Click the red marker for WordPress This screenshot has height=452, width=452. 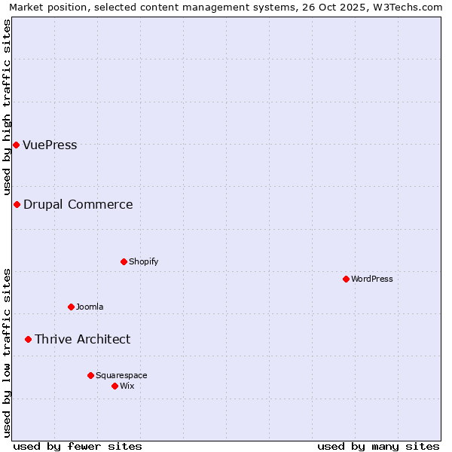(346, 279)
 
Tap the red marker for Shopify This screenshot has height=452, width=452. (124, 261)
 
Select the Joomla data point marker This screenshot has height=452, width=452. (71, 307)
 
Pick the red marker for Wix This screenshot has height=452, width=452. (115, 386)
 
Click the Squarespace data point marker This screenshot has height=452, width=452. (90, 375)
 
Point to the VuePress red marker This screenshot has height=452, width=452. (16, 145)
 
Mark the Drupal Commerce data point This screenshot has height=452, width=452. (17, 204)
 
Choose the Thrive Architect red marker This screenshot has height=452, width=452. (28, 339)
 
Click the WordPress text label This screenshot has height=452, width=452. (372, 279)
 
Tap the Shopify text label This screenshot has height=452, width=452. (143, 262)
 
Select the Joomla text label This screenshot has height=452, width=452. (90, 307)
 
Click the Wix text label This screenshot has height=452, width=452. (127, 386)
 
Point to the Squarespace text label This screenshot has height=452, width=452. (121, 376)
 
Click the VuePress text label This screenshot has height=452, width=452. (50, 145)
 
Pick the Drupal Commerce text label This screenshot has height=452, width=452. (78, 205)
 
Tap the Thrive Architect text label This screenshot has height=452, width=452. (82, 340)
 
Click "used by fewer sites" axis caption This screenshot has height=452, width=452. (78, 446)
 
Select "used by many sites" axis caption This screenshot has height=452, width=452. (378, 446)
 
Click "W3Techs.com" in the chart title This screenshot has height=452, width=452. (410, 8)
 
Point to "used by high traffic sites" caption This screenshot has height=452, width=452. (8, 108)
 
